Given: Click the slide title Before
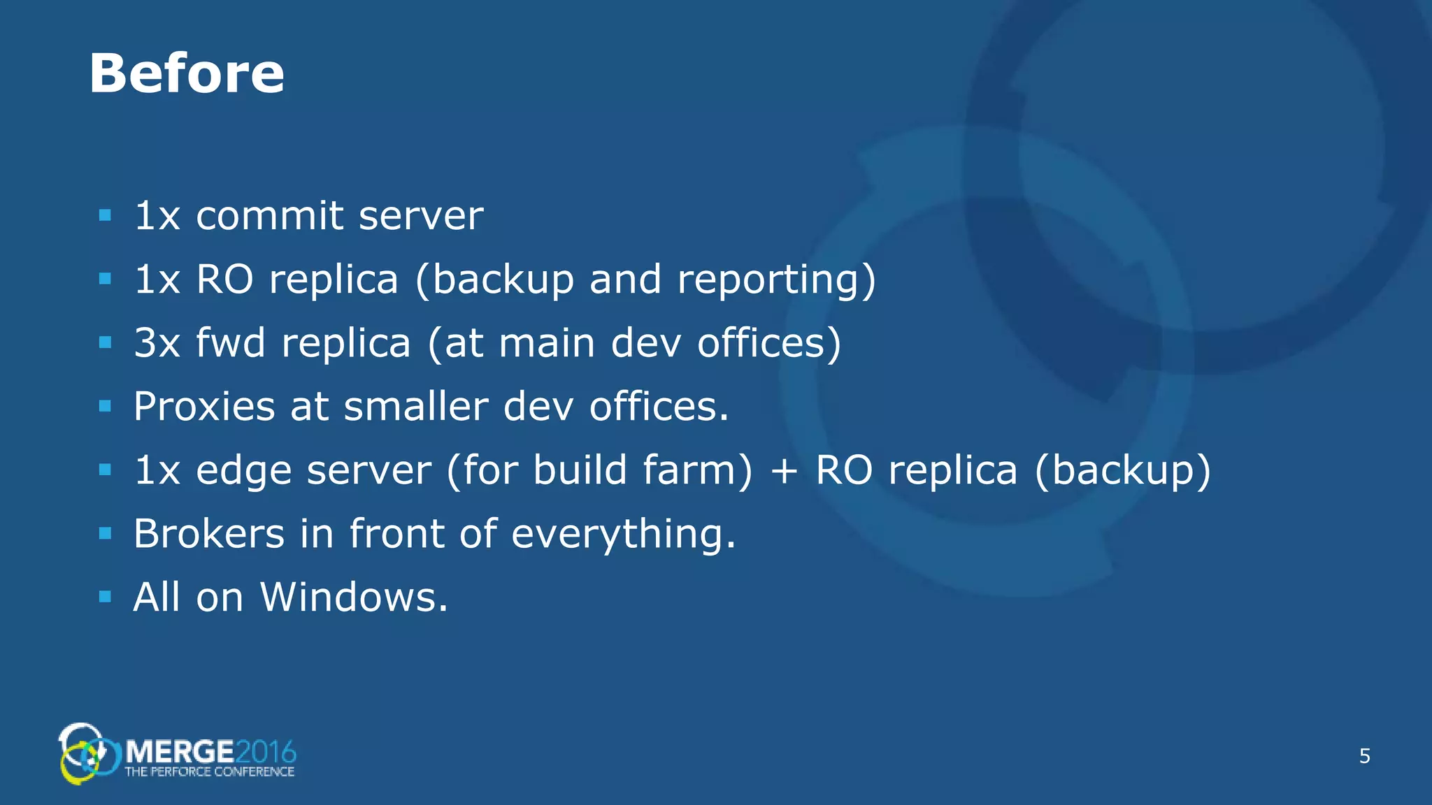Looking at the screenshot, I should pyautogui.click(x=187, y=73).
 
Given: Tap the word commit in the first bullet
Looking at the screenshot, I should pyautogui.click(x=270, y=216).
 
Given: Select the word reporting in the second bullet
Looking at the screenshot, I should pyautogui.click(x=776, y=280).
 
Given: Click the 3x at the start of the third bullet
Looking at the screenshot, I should pyautogui.click(x=157, y=343).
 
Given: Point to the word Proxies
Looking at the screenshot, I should pyautogui.click(x=204, y=407).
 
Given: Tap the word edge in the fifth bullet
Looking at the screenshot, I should pyautogui.click(x=243, y=471).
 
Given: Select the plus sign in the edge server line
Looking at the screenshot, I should pyautogui.click(x=784, y=471).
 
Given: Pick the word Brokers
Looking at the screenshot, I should pyautogui.click(x=209, y=534).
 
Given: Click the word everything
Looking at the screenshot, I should pyautogui.click(x=623, y=535).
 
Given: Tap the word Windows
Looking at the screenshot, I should pyautogui.click(x=354, y=597).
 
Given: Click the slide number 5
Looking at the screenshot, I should pyautogui.click(x=1364, y=756).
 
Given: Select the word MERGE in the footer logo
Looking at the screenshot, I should pyautogui.click(x=180, y=752).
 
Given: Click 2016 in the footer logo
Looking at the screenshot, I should pyautogui.click(x=266, y=752).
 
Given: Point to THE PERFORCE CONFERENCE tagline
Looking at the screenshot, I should pyautogui.click(x=209, y=772).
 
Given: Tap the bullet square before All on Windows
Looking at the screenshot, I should pyautogui.click(x=106, y=597).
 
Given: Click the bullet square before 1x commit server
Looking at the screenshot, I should pyautogui.click(x=106, y=215).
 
